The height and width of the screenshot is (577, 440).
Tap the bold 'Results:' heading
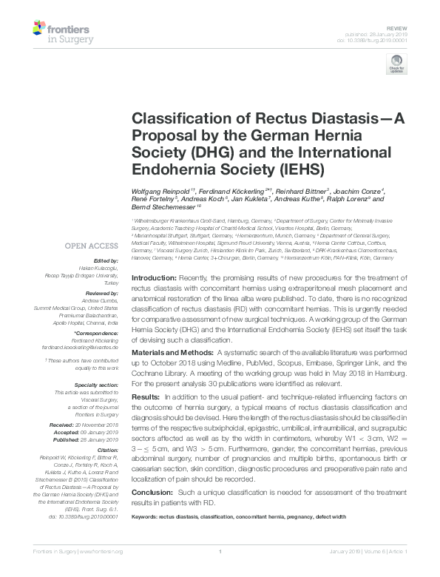(x=145, y=397)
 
